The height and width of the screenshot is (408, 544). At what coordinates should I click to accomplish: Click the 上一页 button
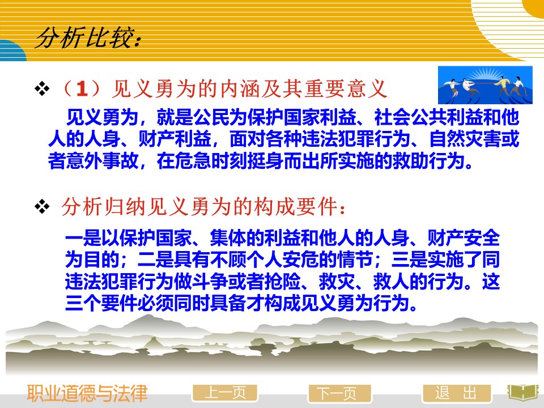coord(225,393)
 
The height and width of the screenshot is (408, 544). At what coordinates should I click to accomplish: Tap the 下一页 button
coord(339,394)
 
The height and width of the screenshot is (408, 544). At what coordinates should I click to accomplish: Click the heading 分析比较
coord(88,38)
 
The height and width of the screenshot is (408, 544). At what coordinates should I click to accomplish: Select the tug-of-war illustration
coord(485,85)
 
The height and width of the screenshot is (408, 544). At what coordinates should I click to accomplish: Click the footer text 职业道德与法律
coord(87,393)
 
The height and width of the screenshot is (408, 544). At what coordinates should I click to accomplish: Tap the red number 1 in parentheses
coord(82,89)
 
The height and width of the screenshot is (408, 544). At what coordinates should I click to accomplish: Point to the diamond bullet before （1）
coord(42,88)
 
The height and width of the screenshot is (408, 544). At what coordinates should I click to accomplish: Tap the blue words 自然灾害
coord(465,139)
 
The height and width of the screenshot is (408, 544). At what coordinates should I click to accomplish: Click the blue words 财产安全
coord(464,238)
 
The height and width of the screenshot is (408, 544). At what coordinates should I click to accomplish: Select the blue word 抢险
coord(282,282)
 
